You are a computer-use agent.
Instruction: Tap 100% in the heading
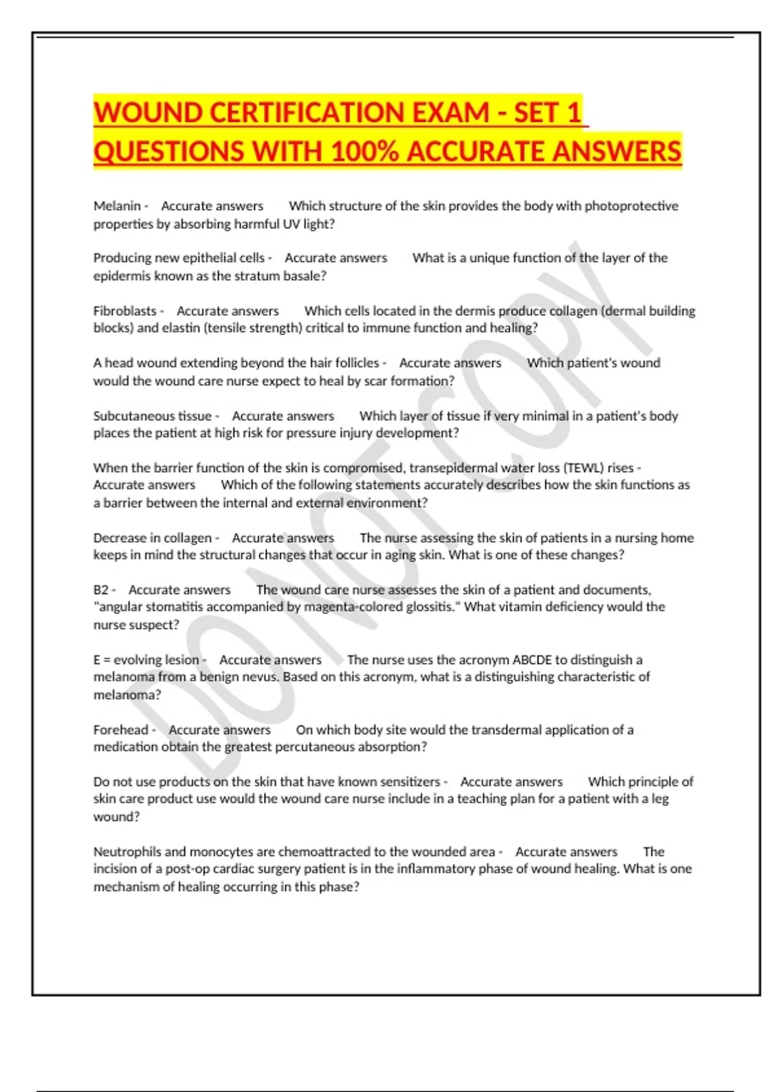coord(364,152)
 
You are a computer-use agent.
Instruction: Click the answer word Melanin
coord(117,206)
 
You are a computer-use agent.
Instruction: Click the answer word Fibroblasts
coord(125,311)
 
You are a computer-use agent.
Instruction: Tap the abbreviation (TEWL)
coord(584,468)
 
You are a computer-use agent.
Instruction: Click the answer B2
coord(101,590)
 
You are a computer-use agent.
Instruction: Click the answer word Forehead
coord(121,730)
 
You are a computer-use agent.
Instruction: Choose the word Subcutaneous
coord(152,416)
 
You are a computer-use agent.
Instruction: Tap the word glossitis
coord(431,607)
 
